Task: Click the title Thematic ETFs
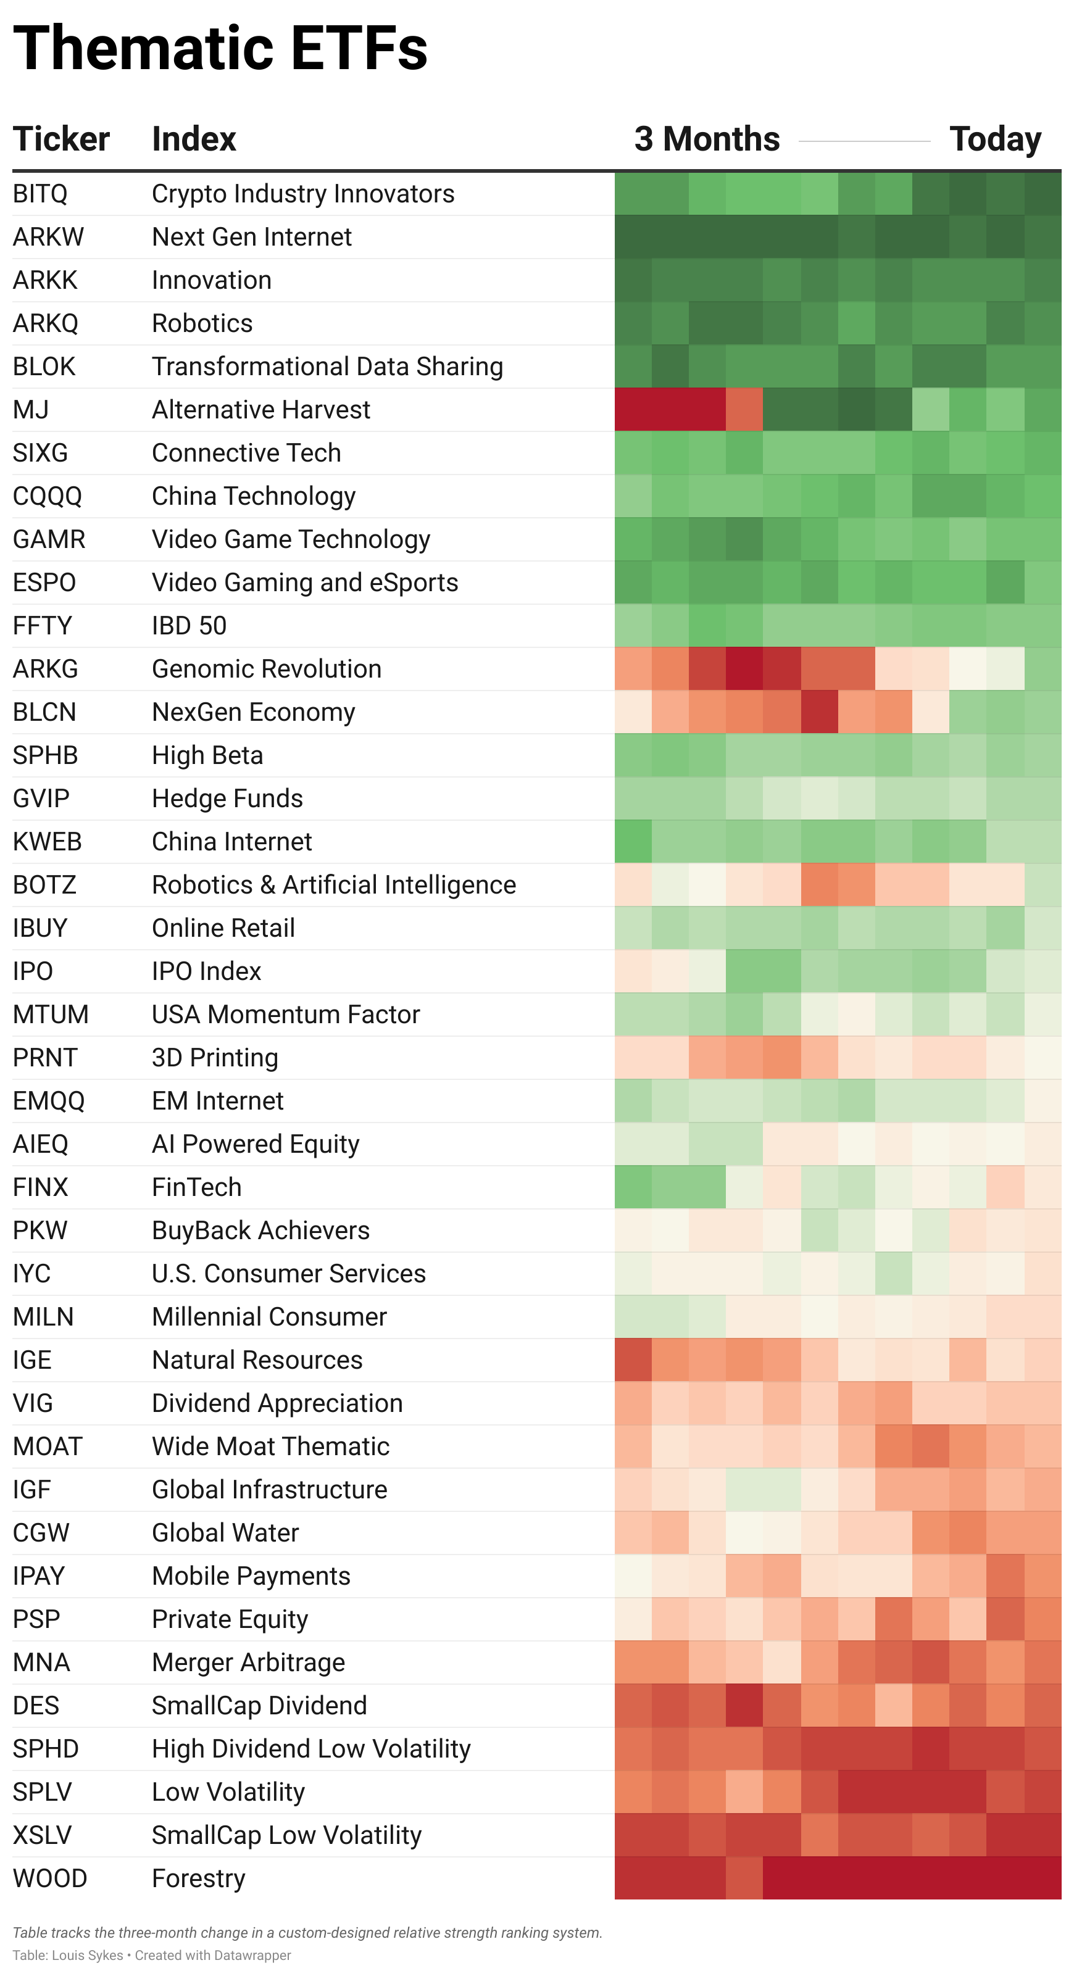coord(220,48)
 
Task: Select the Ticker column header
coord(61,139)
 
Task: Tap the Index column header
coord(194,139)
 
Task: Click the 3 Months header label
coord(707,139)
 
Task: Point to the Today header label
coord(995,139)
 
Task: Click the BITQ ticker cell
coord(40,194)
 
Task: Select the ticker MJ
coord(31,410)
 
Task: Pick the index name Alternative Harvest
coord(261,410)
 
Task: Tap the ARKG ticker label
coord(45,669)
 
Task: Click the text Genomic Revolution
coord(266,669)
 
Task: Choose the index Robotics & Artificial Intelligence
coord(334,884)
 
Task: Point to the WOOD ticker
coord(50,1878)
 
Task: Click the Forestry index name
coord(199,1878)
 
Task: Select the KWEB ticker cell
coord(47,842)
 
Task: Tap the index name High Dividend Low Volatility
coord(310,1749)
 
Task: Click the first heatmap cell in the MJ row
coord(633,410)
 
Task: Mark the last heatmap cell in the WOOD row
coord(1043,1878)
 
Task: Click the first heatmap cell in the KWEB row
coord(633,842)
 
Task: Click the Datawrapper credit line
coord(152,1955)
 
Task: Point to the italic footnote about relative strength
coord(307,1933)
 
